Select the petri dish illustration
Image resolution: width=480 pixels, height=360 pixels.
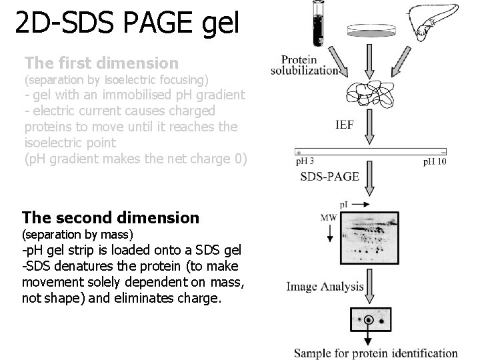(370, 31)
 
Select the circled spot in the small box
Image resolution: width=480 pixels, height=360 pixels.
(368, 320)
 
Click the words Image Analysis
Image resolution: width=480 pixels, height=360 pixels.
(325, 287)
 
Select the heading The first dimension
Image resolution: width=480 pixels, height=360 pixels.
(101, 63)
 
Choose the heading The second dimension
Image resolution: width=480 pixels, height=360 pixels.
(111, 217)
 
